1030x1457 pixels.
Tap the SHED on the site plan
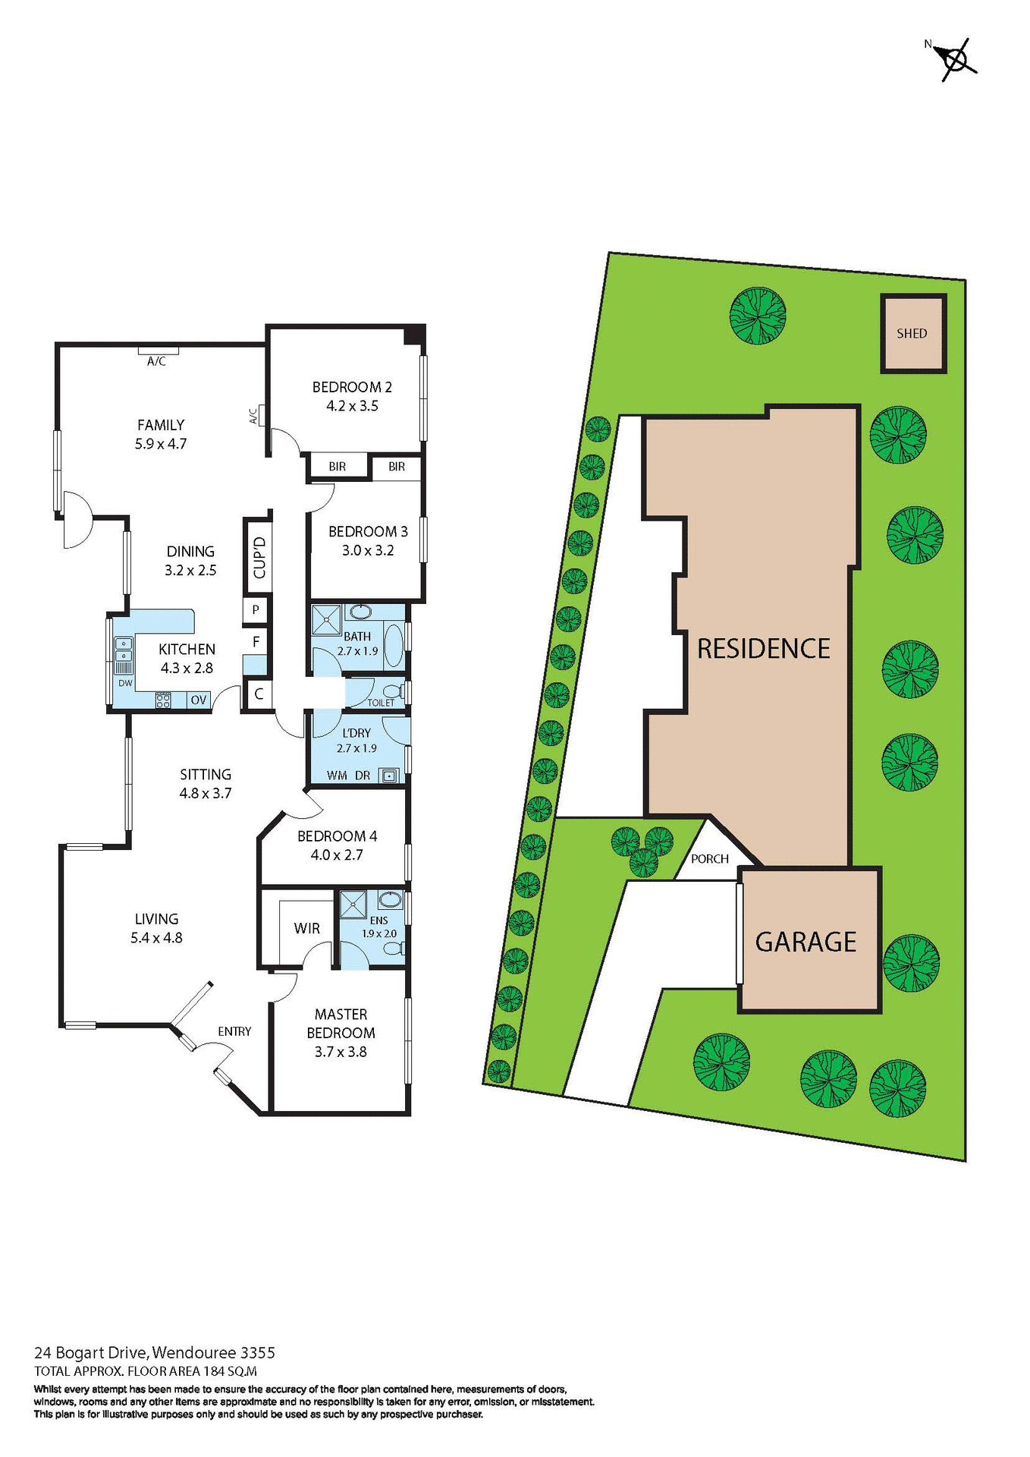click(x=912, y=334)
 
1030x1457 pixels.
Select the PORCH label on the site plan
click(x=709, y=859)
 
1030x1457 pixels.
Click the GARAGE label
click(x=805, y=942)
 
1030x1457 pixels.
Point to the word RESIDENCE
click(x=763, y=649)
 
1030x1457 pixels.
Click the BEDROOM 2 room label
click(x=352, y=388)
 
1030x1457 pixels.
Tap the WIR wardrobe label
click(x=306, y=929)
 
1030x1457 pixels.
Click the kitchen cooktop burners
click(x=163, y=700)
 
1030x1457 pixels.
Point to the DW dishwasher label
click(x=125, y=683)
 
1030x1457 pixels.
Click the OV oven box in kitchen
click(x=199, y=700)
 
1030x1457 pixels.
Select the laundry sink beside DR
click(x=389, y=776)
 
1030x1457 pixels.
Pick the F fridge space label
click(x=256, y=642)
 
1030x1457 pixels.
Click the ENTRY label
click(x=234, y=1031)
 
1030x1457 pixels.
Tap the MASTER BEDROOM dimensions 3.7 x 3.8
click(x=341, y=1052)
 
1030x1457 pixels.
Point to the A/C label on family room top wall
click(x=156, y=362)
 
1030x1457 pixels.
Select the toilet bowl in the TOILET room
click(x=391, y=692)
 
